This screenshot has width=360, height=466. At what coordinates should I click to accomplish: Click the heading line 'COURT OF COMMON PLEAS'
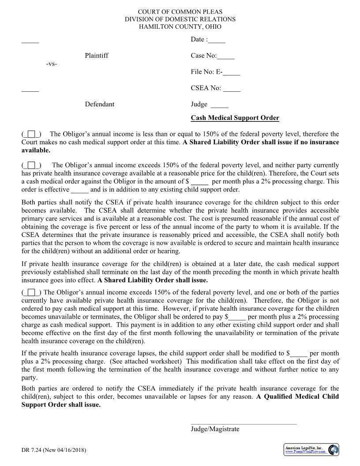(x=180, y=12)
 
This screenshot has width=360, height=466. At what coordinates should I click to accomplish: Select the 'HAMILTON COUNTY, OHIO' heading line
(x=180, y=27)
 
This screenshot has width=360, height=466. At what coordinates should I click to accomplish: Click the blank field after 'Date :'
(x=217, y=40)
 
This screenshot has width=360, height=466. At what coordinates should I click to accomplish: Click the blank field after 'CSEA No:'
(x=232, y=89)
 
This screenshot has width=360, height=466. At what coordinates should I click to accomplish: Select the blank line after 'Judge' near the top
(x=219, y=105)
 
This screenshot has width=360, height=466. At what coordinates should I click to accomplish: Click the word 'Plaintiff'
(x=97, y=56)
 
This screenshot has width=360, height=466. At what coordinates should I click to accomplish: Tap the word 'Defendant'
(x=100, y=105)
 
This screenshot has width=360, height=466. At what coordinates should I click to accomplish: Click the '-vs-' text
(x=52, y=64)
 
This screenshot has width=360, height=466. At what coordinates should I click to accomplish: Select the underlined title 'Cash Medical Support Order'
(x=235, y=118)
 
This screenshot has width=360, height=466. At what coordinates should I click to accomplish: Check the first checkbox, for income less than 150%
(x=31, y=134)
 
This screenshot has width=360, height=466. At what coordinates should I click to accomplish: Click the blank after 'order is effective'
(x=80, y=190)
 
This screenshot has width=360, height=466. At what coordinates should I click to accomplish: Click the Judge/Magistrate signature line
(x=244, y=424)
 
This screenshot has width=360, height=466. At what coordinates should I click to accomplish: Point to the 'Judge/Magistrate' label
(x=215, y=429)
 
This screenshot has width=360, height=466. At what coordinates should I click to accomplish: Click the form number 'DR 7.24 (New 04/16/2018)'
(x=54, y=450)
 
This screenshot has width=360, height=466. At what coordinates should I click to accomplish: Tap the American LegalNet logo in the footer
(x=311, y=450)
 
